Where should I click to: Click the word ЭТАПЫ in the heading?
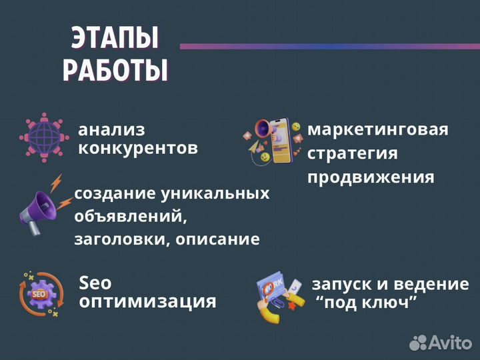click(x=115, y=40)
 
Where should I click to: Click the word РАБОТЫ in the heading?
click(x=115, y=70)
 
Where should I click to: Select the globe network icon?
click(x=44, y=138)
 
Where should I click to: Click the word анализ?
click(x=111, y=130)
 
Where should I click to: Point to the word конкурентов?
click(x=138, y=147)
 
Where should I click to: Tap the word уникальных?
click(x=216, y=194)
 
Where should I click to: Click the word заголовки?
click(x=113, y=239)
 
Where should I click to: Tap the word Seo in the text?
click(x=95, y=283)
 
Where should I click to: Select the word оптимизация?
click(x=147, y=301)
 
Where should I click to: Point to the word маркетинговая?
click(x=377, y=129)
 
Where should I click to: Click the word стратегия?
click(x=352, y=153)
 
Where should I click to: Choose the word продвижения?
click(x=370, y=178)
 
